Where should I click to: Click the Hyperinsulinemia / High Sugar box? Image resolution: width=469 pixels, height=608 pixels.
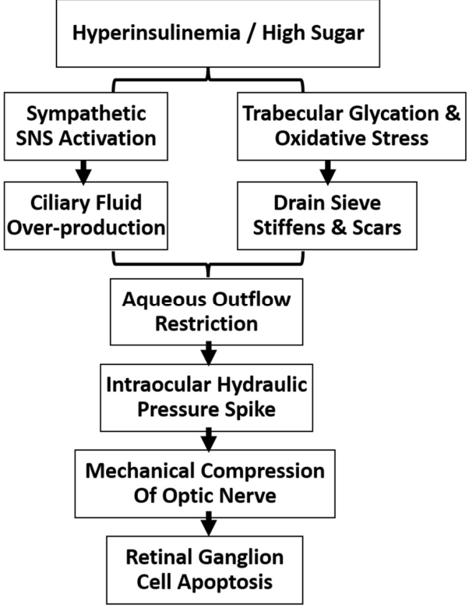point(218,34)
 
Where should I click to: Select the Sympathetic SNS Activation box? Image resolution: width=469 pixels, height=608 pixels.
point(86,126)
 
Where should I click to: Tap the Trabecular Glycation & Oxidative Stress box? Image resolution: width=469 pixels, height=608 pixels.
point(351,126)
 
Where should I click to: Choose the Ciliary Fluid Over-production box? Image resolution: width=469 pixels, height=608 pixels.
point(86,215)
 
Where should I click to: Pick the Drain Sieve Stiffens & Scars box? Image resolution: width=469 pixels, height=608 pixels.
point(327,215)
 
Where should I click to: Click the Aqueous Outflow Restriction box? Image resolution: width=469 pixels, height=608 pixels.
point(206,311)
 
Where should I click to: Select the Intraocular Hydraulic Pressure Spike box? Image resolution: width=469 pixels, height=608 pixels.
point(206,398)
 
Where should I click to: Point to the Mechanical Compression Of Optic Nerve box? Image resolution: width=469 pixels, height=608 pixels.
point(205,483)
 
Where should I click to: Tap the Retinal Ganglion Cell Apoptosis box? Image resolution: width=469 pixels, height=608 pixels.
point(205,570)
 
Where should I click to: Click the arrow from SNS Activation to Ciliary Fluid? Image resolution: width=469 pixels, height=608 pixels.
point(83,172)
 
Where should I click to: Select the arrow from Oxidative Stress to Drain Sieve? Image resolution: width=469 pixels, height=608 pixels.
point(328,172)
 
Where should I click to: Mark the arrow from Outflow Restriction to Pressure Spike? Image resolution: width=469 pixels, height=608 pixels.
point(209,354)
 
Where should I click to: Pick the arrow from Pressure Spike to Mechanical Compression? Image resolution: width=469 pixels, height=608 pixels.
point(209,440)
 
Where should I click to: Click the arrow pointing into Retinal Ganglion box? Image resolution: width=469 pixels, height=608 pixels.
point(209,525)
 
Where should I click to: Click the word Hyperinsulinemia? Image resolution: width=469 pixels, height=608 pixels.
point(157,34)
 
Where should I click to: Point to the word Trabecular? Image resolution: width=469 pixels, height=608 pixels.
point(293,114)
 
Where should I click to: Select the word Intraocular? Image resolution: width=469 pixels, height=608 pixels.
point(158,385)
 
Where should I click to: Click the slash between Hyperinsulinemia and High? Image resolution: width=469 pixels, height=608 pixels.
point(252,34)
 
